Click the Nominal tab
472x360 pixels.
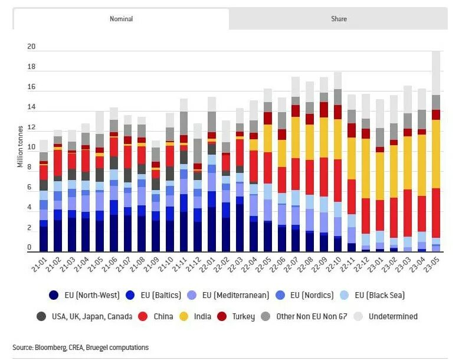(x=121, y=19)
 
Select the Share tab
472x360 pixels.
(x=339, y=19)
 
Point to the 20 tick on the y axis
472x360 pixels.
(x=32, y=47)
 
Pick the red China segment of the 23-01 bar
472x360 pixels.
(x=380, y=215)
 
